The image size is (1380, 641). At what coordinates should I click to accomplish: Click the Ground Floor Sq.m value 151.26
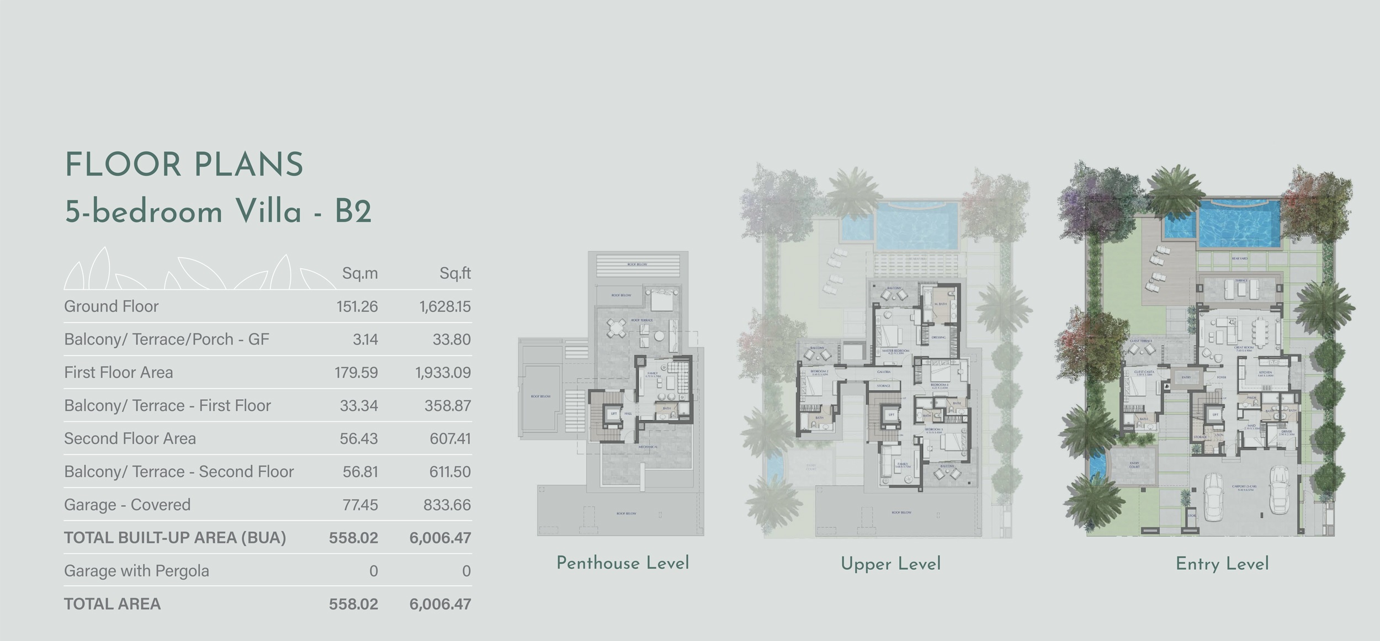357,306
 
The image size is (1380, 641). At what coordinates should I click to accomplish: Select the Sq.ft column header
455,273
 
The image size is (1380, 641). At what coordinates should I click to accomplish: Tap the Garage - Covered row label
127,505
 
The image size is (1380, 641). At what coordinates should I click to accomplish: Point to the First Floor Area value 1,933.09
443,373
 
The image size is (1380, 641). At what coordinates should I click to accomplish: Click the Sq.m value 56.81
360,472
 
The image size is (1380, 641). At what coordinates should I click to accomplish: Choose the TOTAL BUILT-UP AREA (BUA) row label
175,538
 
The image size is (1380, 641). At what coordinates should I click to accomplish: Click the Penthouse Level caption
623,563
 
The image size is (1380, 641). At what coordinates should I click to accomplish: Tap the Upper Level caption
890,564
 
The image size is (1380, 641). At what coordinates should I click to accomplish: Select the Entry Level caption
1222,564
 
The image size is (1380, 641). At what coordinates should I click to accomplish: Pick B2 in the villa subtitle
353,212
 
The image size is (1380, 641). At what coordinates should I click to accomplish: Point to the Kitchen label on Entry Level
1265,373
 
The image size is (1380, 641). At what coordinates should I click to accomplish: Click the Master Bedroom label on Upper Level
895,351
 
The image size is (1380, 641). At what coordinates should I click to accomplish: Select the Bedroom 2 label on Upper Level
820,372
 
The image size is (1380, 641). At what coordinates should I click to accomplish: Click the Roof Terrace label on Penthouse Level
642,320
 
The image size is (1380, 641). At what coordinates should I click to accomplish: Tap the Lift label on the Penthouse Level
613,413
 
